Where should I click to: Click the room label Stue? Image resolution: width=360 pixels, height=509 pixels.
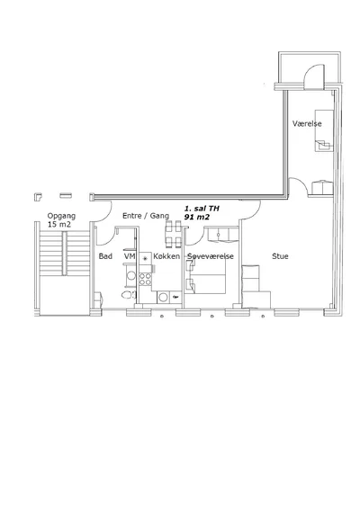280,256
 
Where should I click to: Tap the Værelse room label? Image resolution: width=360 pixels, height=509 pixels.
307,124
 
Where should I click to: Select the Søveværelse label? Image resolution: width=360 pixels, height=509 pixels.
211,256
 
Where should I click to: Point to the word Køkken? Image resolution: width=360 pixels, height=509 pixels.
166,256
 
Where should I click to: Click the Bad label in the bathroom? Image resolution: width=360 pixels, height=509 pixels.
105,256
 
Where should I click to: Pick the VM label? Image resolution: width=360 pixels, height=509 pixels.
130,256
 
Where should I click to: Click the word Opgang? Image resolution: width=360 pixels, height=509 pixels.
61,216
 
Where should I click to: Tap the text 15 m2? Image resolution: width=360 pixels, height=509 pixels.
59,224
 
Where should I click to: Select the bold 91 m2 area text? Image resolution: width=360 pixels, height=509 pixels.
197,217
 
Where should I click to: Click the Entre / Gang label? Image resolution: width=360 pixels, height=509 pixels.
146,216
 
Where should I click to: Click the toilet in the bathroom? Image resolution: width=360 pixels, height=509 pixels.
129,295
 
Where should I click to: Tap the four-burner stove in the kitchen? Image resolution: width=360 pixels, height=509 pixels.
145,279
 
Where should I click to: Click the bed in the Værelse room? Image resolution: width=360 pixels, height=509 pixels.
324,130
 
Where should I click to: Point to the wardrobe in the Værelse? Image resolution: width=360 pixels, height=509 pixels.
322,187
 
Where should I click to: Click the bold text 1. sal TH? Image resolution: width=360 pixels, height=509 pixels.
202,209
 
